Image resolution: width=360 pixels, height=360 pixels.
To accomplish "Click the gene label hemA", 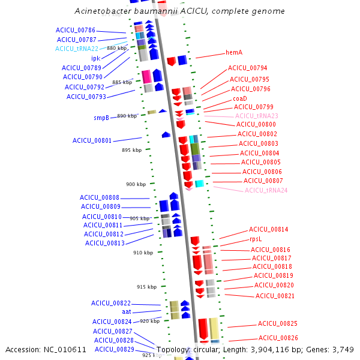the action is [x=234, y=52].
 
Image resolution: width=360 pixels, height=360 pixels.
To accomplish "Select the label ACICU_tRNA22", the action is [x=77, y=49].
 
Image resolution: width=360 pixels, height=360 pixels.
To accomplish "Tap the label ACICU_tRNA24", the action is [x=266, y=190].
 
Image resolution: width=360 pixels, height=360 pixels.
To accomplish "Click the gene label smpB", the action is [x=101, y=118].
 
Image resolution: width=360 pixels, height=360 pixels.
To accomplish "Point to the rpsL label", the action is [x=256, y=239].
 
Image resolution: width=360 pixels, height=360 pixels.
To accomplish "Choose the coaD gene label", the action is [x=240, y=98].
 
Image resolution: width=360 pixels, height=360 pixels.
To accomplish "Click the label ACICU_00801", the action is [x=92, y=140].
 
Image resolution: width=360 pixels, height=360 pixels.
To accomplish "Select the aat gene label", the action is [x=127, y=312].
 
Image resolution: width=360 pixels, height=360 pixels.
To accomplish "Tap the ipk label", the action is [x=96, y=58].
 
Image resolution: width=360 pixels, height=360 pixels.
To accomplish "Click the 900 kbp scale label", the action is [x=136, y=184].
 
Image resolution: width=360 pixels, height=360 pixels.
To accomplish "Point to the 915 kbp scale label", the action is [x=146, y=287].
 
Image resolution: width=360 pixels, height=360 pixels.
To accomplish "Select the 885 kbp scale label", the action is [x=122, y=82].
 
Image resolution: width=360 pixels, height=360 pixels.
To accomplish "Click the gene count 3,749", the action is [x=343, y=350].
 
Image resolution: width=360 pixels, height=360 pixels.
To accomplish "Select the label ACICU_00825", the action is [x=278, y=323].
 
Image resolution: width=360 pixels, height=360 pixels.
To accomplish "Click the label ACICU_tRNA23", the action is [x=257, y=116].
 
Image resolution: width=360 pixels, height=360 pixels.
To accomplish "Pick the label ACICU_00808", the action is [x=100, y=197].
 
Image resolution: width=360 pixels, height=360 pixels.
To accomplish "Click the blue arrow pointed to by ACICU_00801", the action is [x=166, y=134].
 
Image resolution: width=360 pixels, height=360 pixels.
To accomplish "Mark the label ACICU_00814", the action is [x=269, y=229].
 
